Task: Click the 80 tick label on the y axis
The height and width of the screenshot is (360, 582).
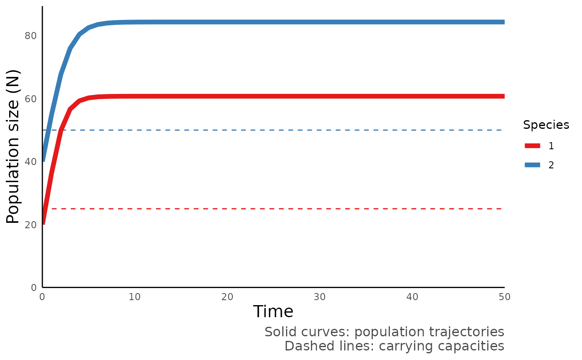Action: pyautogui.click(x=31, y=36)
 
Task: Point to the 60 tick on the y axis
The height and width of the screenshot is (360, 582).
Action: pyautogui.click(x=31, y=99)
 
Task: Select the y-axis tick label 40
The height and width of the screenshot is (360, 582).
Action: pyautogui.click(x=31, y=162)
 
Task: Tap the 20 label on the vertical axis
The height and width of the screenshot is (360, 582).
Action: pyautogui.click(x=31, y=224)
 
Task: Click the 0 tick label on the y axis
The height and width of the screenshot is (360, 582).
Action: pyautogui.click(x=34, y=288)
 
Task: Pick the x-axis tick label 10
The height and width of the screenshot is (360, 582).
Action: pyautogui.click(x=134, y=297)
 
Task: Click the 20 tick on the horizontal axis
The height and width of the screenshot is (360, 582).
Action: pyautogui.click(x=227, y=297)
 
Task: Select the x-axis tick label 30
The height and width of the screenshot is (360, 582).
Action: pyautogui.click(x=319, y=297)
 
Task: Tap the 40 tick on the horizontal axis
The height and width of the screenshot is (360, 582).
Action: pyautogui.click(x=412, y=297)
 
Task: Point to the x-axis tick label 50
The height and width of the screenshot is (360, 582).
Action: pyautogui.click(x=504, y=297)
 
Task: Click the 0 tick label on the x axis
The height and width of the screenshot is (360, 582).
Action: pyautogui.click(x=42, y=297)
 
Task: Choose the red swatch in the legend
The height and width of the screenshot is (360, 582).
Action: pyautogui.click(x=532, y=146)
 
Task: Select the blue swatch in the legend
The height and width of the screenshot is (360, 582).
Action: pyautogui.click(x=532, y=165)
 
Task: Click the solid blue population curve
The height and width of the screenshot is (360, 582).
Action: pyautogui.click(x=291, y=22)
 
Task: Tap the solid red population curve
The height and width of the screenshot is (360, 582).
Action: pyautogui.click(x=291, y=96)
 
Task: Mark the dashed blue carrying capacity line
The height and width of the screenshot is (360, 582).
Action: pyautogui.click(x=291, y=130)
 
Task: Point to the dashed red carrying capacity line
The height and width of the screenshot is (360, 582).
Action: pyautogui.click(x=291, y=209)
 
